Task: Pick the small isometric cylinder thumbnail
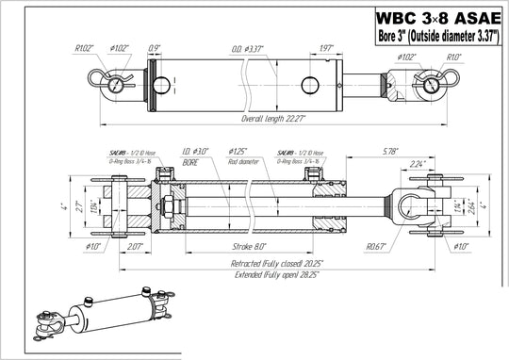coord(94,318)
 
